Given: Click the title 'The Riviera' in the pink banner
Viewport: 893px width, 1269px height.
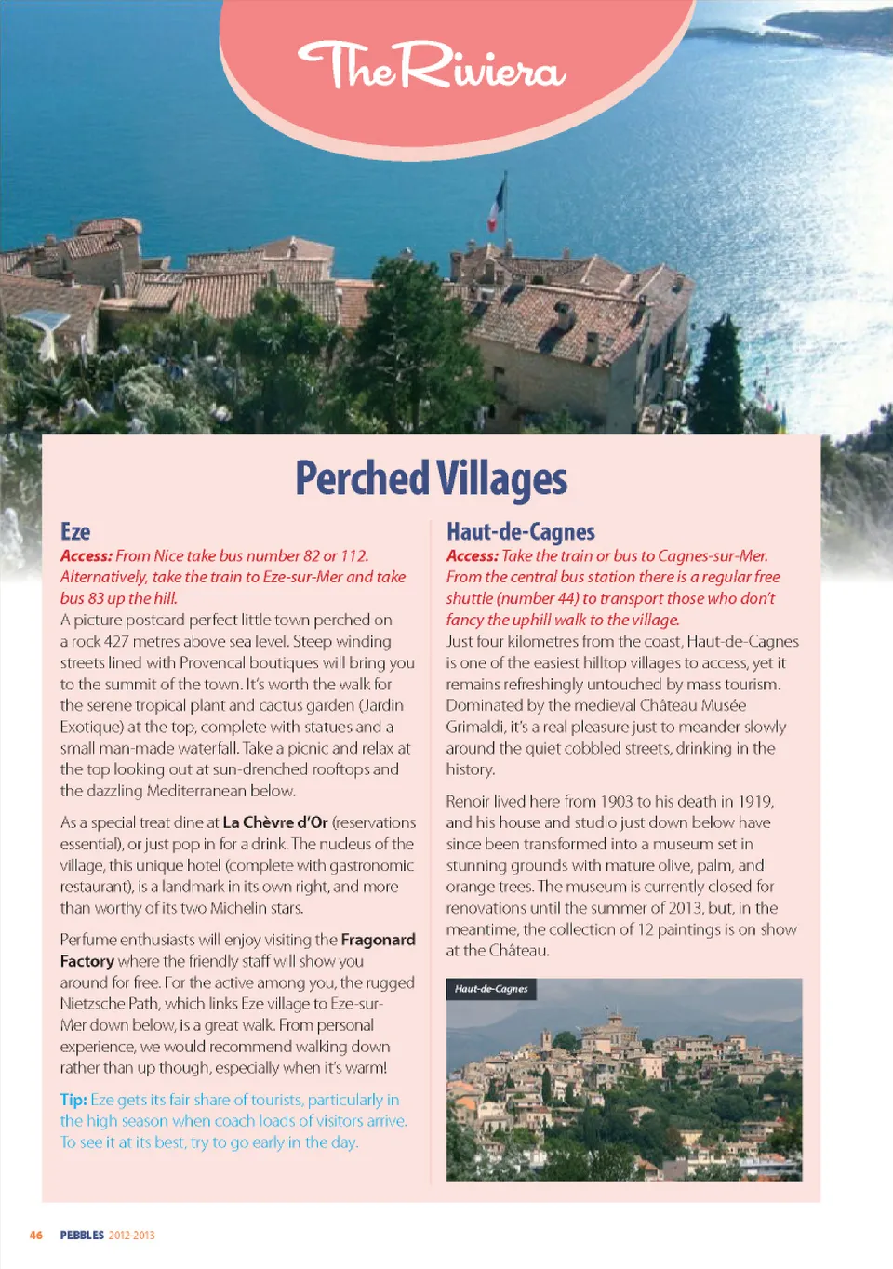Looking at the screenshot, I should [431, 67].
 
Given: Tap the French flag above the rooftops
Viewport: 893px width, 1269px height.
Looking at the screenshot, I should [497, 206].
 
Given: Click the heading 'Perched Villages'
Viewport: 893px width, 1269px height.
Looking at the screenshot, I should [431, 479].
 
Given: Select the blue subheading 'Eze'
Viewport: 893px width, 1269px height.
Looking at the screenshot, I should [75, 532].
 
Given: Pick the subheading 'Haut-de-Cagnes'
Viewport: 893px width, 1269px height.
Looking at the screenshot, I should [520, 532].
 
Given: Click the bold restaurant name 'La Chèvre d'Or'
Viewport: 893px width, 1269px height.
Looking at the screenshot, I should [275, 822].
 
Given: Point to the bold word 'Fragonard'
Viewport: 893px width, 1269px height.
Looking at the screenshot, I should [378, 940].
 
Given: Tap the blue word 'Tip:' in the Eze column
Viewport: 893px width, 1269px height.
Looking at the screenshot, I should [73, 1100].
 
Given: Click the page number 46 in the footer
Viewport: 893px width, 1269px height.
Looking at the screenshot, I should [36, 1236].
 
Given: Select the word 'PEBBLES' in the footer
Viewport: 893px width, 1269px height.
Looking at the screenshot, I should [82, 1236].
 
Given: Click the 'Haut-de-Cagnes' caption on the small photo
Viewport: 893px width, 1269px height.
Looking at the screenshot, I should [491, 989].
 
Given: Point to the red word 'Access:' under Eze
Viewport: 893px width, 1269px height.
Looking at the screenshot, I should [87, 556].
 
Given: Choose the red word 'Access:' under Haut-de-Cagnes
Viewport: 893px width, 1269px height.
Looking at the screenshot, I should [473, 556].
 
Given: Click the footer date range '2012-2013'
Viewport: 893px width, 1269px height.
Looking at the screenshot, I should [131, 1236].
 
